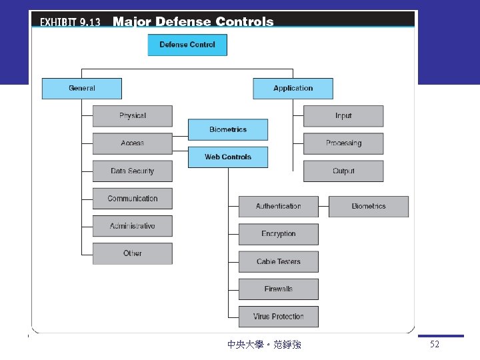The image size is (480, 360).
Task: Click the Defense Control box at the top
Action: (187, 45)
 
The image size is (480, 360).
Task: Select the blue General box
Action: (82, 88)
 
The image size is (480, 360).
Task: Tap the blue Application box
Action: (293, 88)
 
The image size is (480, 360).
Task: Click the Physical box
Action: (132, 116)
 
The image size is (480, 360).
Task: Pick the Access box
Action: (132, 143)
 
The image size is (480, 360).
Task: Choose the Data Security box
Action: (132, 171)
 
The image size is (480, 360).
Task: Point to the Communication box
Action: (132, 199)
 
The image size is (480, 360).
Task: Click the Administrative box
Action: (132, 226)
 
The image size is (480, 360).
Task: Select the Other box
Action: (132, 253)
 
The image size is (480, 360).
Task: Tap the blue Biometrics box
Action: (228, 129)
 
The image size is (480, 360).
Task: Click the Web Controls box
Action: (228, 157)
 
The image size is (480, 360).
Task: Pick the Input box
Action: (343, 116)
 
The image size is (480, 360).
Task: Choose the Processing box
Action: (343, 143)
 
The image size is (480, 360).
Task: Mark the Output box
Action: (343, 171)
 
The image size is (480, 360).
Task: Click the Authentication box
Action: (279, 207)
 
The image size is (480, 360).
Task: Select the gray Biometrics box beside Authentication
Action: (369, 207)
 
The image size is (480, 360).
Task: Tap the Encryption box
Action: (279, 234)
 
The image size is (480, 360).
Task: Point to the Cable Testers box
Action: (279, 262)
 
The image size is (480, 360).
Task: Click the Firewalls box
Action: (279, 289)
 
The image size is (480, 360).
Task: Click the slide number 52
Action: (435, 345)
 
